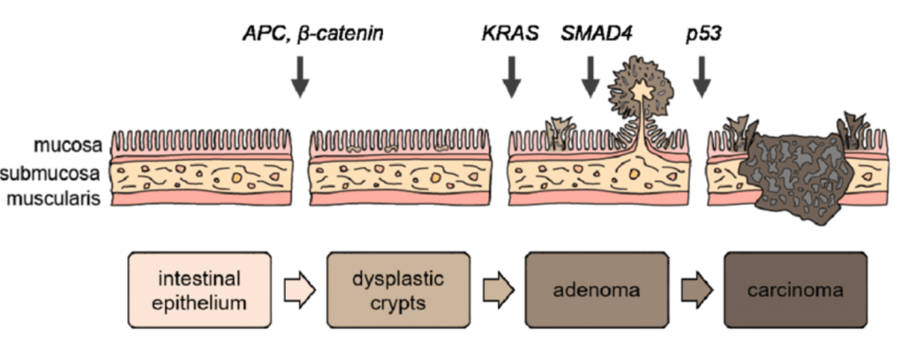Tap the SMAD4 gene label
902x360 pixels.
[590, 34]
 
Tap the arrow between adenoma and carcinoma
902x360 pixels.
[695, 290]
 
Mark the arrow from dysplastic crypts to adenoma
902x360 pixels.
[497, 290]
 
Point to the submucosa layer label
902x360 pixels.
[64, 172]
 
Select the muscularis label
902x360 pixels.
[65, 198]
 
